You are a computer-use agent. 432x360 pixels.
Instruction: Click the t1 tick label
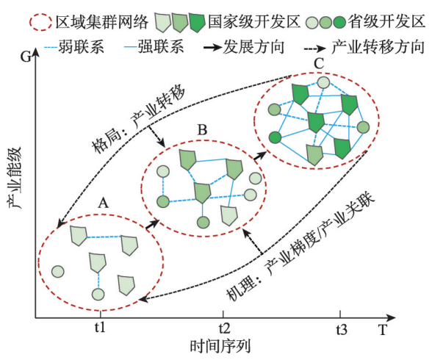[x=100, y=328]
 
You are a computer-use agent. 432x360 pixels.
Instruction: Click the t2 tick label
[x=224, y=328]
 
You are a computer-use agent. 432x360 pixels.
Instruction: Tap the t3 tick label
[x=342, y=329]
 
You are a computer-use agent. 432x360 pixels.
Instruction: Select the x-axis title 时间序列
[x=220, y=347]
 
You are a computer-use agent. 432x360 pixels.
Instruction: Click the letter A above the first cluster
[x=104, y=204]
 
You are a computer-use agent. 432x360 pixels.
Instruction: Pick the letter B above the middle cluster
[x=203, y=130]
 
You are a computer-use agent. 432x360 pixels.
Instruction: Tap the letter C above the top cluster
[x=319, y=64]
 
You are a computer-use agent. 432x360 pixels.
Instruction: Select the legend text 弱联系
[x=81, y=47]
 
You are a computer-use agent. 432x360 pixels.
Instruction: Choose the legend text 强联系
[x=161, y=46]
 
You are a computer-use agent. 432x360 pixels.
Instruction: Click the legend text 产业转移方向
[x=378, y=47]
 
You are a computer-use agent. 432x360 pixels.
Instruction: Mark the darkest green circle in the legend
[x=339, y=23]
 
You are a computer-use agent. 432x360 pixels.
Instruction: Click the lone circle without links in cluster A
[x=58, y=272]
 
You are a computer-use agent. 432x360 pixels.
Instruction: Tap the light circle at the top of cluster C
[x=323, y=82]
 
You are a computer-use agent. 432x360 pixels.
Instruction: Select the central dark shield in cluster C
[x=315, y=122]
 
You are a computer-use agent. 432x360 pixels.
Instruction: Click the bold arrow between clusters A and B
[x=152, y=223]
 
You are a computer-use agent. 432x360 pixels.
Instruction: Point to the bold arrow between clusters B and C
[x=260, y=156]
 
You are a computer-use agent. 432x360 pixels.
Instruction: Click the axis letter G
[x=26, y=57]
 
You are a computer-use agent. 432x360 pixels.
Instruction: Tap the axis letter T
[x=383, y=329]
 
